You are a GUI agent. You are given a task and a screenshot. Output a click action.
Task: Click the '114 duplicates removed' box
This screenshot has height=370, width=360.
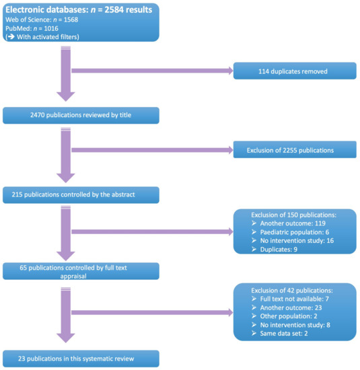(293, 71)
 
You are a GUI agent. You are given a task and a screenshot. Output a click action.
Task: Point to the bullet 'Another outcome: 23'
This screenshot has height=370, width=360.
(285, 307)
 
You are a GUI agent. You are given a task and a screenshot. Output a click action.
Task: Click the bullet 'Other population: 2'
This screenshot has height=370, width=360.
(285, 316)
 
